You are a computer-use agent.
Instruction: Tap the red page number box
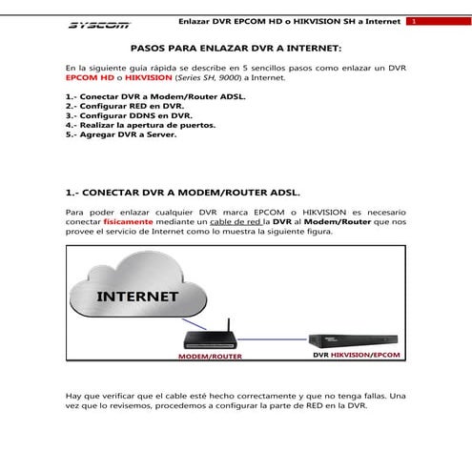coord(413,22)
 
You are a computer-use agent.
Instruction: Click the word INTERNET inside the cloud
coord(138,297)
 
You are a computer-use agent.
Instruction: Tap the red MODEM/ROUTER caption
coord(210,357)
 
